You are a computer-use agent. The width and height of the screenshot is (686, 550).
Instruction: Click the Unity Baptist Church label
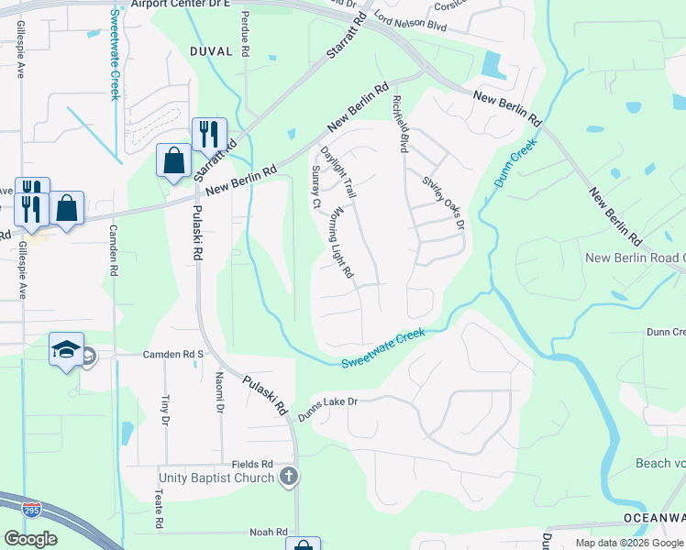216,478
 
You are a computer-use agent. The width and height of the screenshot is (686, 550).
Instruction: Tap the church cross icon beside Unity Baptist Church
289,476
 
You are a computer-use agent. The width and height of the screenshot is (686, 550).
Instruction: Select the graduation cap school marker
67,349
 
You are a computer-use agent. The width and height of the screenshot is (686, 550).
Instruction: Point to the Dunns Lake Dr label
326,409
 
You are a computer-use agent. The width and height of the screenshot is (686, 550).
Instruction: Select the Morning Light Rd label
341,243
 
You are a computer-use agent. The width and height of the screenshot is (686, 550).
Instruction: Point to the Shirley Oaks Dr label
444,203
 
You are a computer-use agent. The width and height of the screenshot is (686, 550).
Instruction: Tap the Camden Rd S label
171,354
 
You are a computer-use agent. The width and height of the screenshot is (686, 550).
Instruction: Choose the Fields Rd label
253,465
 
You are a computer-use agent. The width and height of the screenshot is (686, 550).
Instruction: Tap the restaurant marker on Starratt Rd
209,134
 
